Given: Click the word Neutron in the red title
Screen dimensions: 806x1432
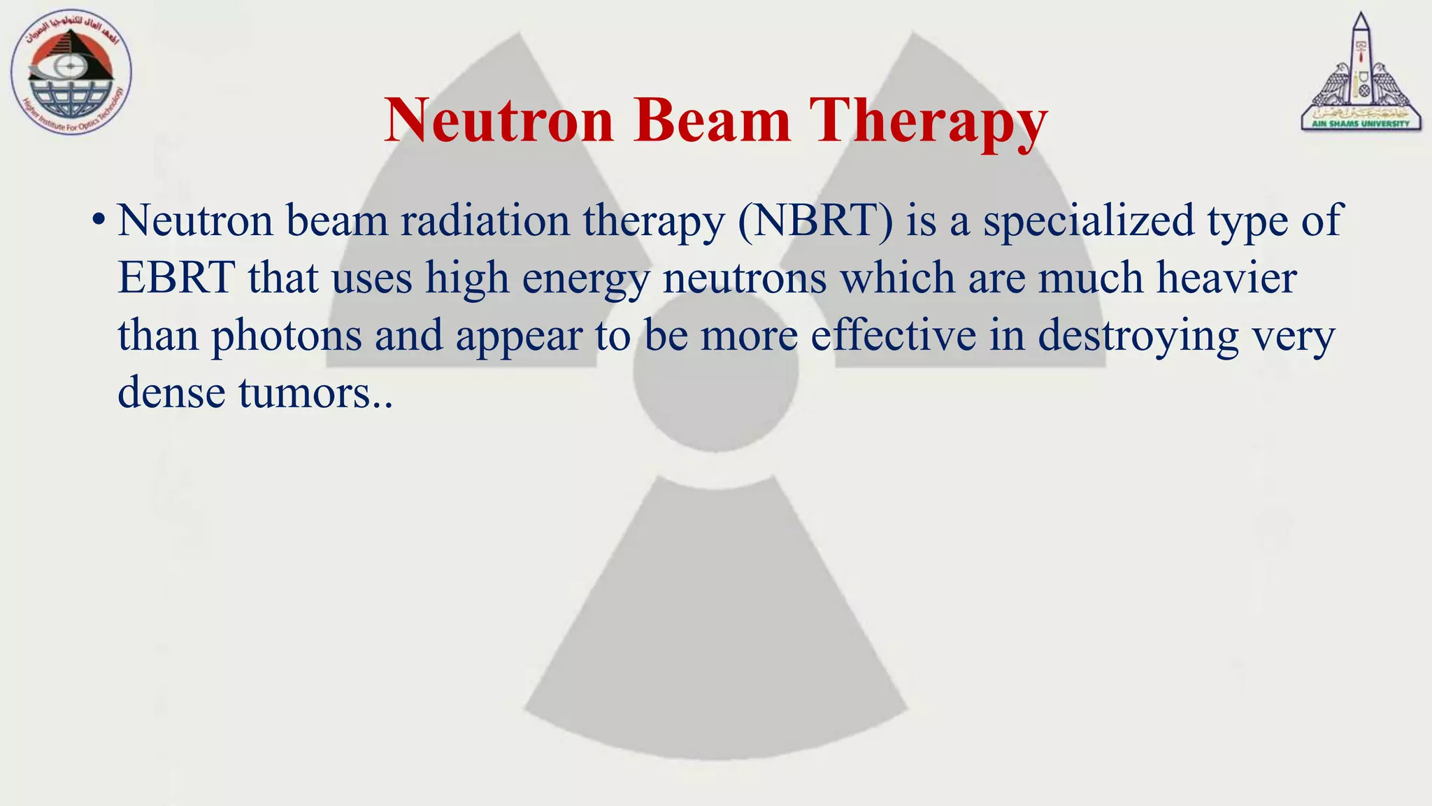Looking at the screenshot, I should click(499, 120).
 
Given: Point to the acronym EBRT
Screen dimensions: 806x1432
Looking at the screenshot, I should click(176, 278).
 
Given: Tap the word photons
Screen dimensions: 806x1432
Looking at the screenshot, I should click(287, 337).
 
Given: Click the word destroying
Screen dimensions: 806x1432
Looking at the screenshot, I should click(1138, 337).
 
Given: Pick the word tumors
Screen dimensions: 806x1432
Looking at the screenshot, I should click(305, 393).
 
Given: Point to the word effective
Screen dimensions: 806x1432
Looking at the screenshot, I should click(893, 335).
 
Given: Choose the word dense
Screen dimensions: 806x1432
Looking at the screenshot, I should click(171, 393).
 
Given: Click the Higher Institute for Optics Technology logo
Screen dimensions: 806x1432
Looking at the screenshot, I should click(71, 74).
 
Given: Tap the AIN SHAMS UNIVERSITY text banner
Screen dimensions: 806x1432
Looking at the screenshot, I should click(1361, 124).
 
